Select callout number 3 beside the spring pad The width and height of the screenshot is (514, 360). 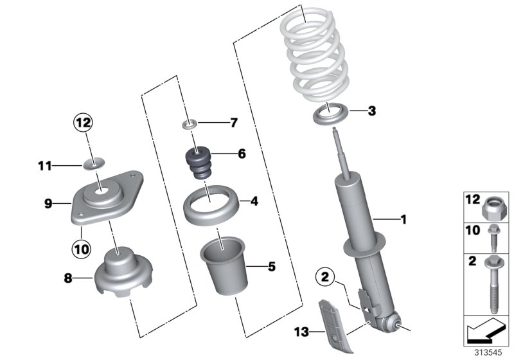[x=371, y=111]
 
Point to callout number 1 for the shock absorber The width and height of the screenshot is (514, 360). [x=403, y=220]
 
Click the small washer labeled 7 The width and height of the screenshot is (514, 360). [x=190, y=122]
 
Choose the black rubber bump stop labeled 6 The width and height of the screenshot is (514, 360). [x=202, y=165]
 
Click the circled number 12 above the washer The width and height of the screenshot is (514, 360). [x=83, y=121]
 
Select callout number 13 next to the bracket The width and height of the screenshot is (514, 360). [x=301, y=332]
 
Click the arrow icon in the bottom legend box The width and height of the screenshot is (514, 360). [x=486, y=334]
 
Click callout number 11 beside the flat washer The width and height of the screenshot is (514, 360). [x=43, y=166]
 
